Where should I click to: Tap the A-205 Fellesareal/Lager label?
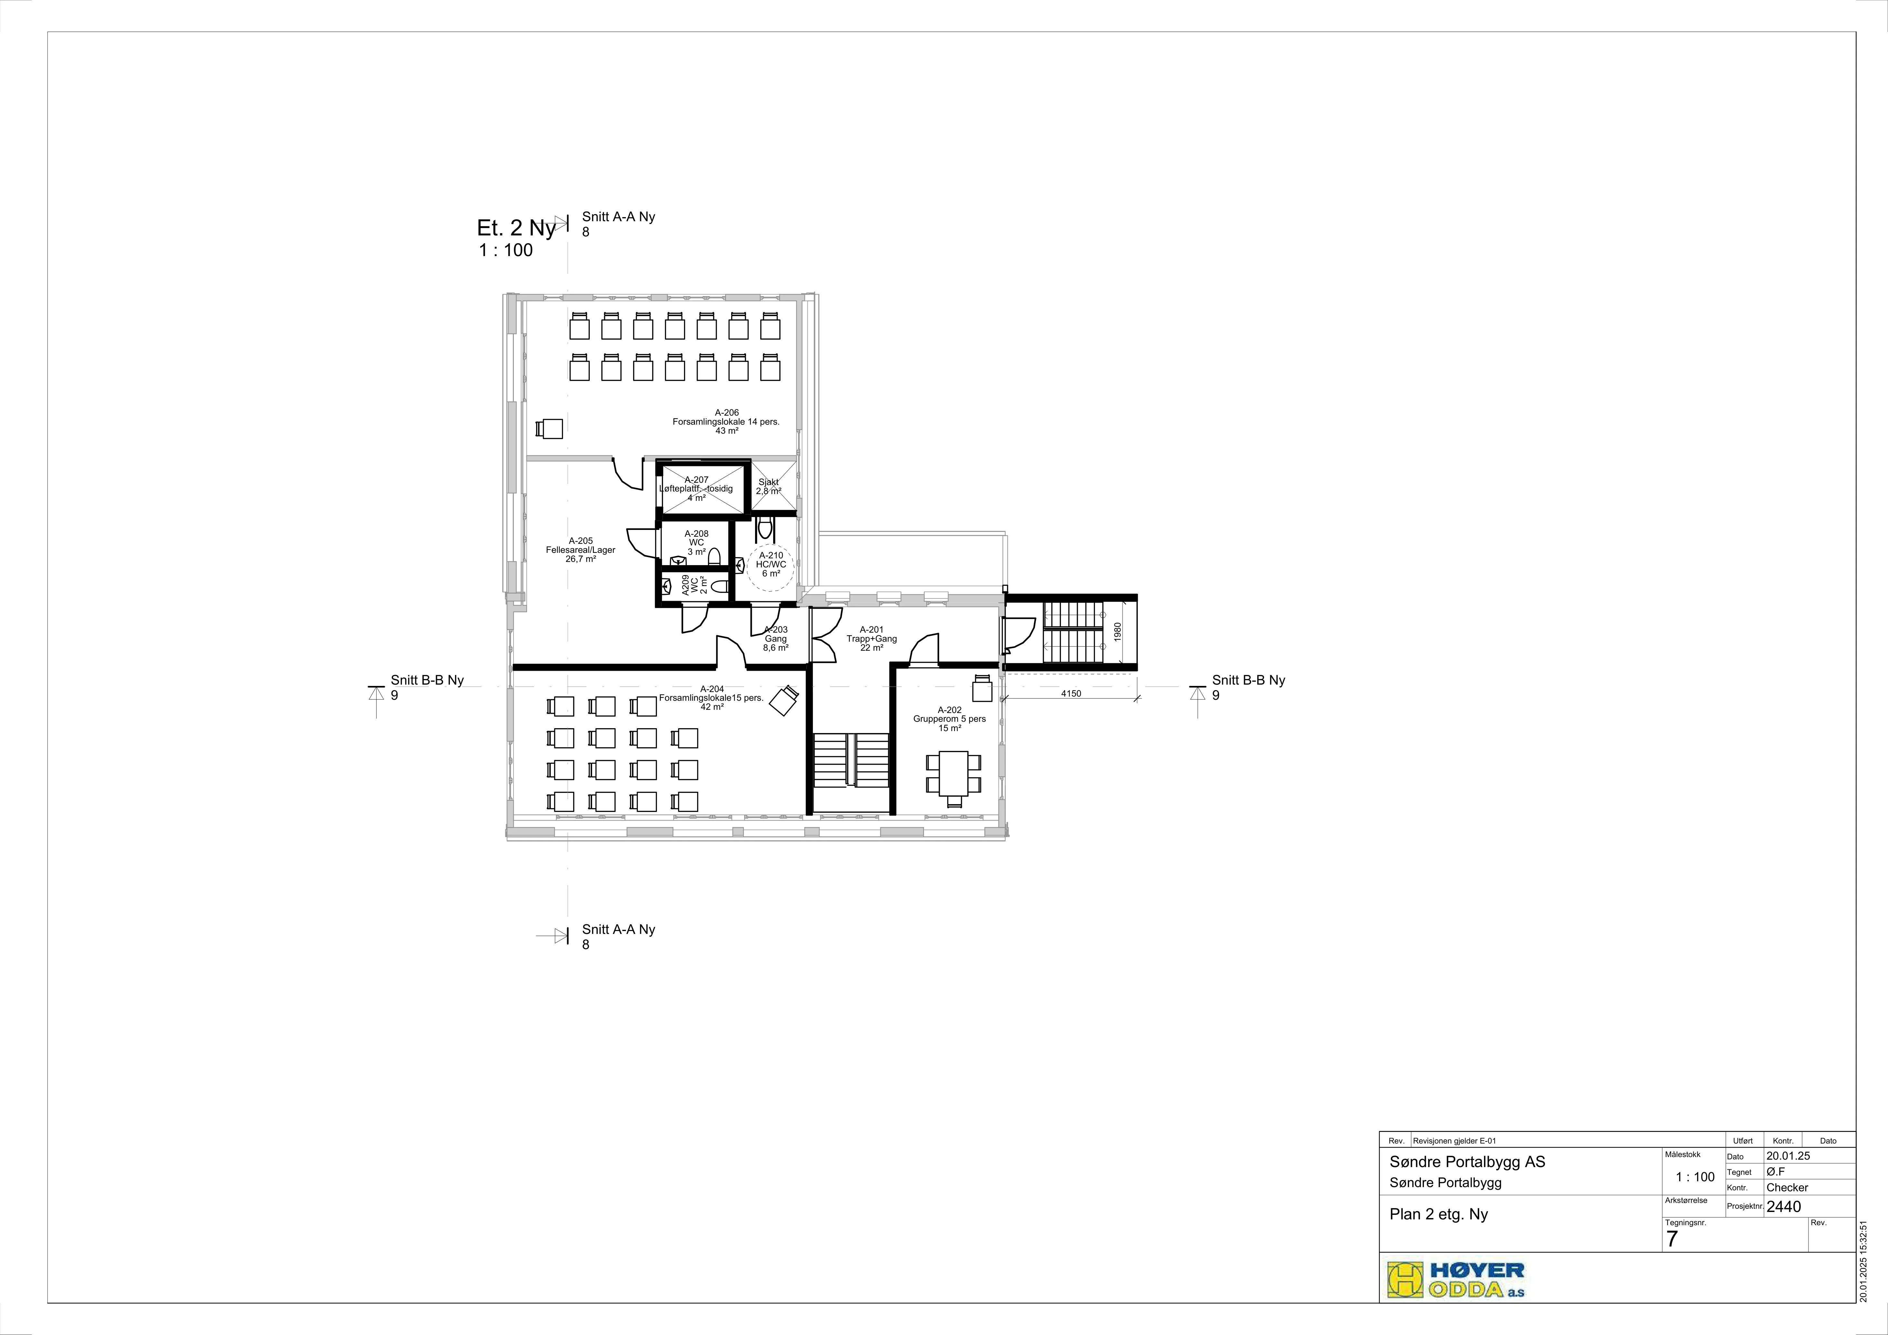coord(581,550)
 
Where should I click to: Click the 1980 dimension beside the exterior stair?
coord(1117,632)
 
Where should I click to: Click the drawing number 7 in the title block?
coord(1672,1239)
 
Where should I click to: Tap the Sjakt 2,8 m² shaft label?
coord(769,487)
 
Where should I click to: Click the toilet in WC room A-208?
coord(714,557)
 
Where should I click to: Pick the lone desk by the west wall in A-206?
coord(549,428)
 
